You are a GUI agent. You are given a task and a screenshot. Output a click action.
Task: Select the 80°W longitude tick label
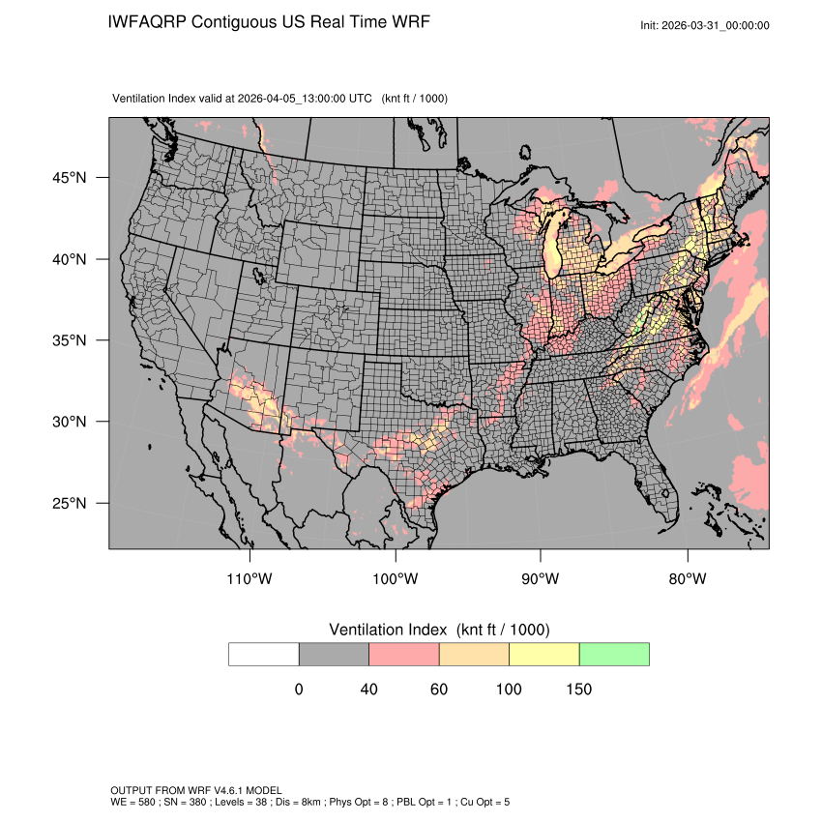687,579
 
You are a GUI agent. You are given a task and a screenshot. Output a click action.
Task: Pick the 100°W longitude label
396,579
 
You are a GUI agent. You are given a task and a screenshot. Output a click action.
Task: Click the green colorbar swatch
614,654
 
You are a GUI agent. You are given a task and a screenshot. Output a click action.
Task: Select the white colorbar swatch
264,654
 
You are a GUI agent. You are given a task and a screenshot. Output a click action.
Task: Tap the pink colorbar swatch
404,654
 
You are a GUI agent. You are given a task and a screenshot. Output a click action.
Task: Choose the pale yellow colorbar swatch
543,654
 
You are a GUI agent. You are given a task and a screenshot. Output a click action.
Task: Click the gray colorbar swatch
334,654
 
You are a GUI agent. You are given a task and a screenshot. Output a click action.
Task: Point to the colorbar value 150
578,690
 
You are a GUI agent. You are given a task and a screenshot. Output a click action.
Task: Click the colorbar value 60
439,690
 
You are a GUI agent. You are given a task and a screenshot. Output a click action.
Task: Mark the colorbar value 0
299,690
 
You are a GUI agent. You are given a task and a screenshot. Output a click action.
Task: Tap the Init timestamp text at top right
705,25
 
